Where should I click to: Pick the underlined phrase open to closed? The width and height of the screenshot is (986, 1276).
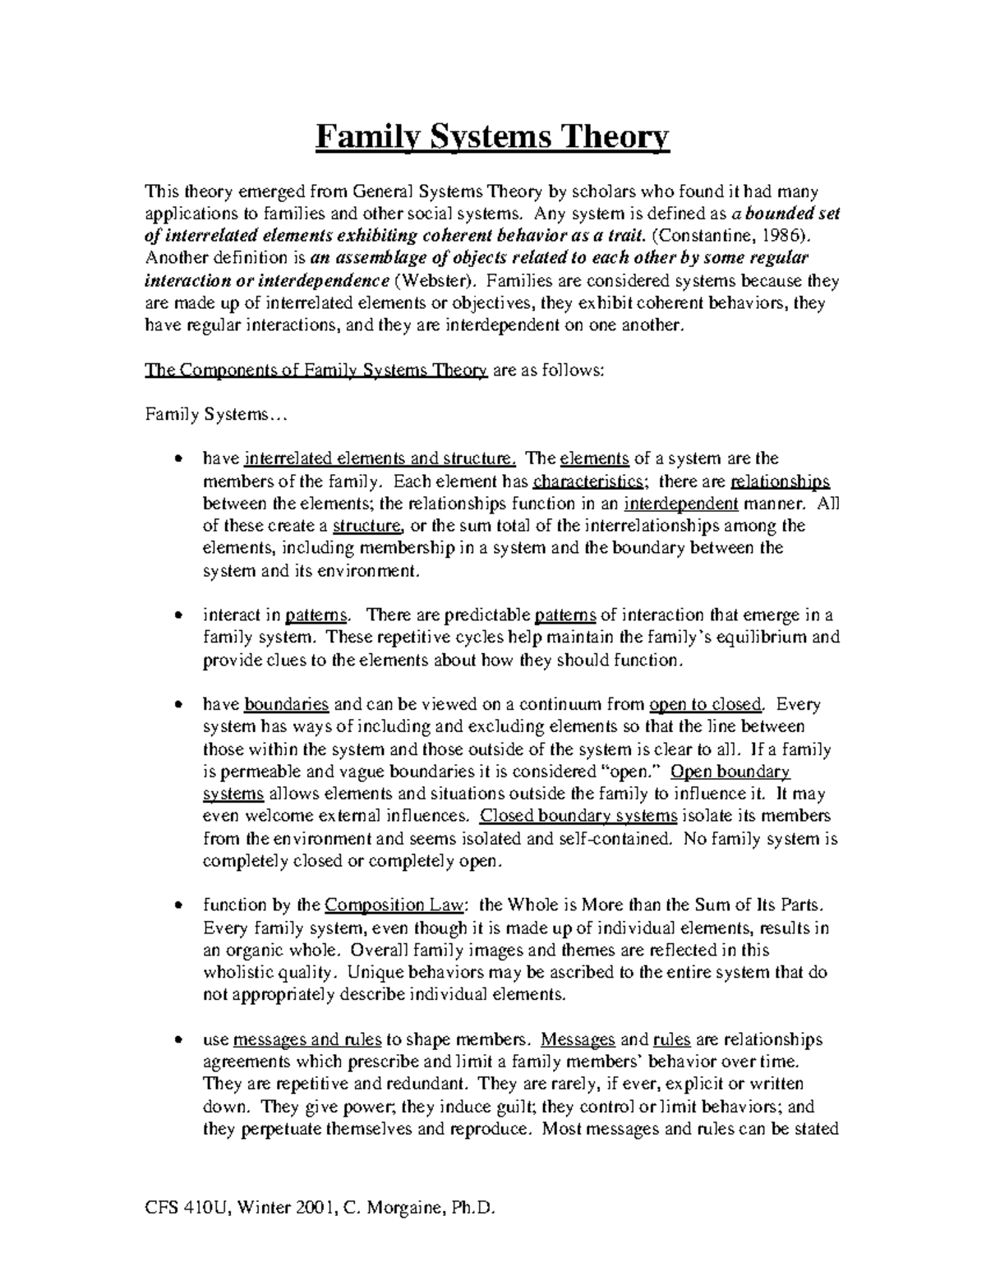point(707,704)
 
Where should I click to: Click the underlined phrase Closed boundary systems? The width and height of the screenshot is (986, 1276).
point(578,816)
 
